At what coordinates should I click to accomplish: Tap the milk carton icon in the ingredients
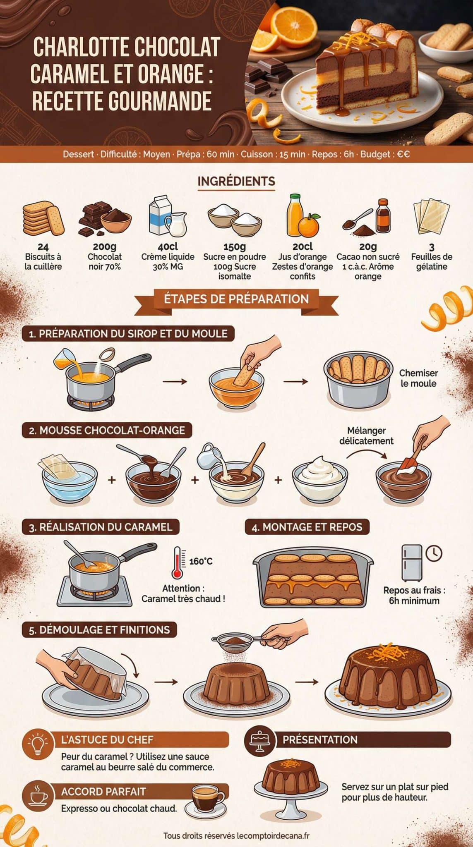[x=160, y=216]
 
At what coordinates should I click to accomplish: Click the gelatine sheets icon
[x=431, y=216]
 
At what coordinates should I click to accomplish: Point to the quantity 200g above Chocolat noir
[x=104, y=247]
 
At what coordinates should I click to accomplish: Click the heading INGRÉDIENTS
[x=236, y=181]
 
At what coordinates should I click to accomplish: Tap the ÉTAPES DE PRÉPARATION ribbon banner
[x=236, y=299]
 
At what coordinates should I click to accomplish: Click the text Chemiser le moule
[x=418, y=378]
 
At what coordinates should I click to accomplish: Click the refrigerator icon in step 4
[x=412, y=562]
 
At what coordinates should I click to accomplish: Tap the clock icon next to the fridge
[x=434, y=553]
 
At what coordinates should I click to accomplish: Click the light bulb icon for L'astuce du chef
[x=38, y=744]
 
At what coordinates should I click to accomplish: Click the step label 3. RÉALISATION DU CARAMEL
[x=101, y=527]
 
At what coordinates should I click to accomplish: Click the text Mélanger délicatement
[x=366, y=436]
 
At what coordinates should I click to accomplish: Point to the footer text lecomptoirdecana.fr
[x=273, y=836]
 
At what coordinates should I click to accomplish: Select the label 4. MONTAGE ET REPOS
[x=307, y=527]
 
